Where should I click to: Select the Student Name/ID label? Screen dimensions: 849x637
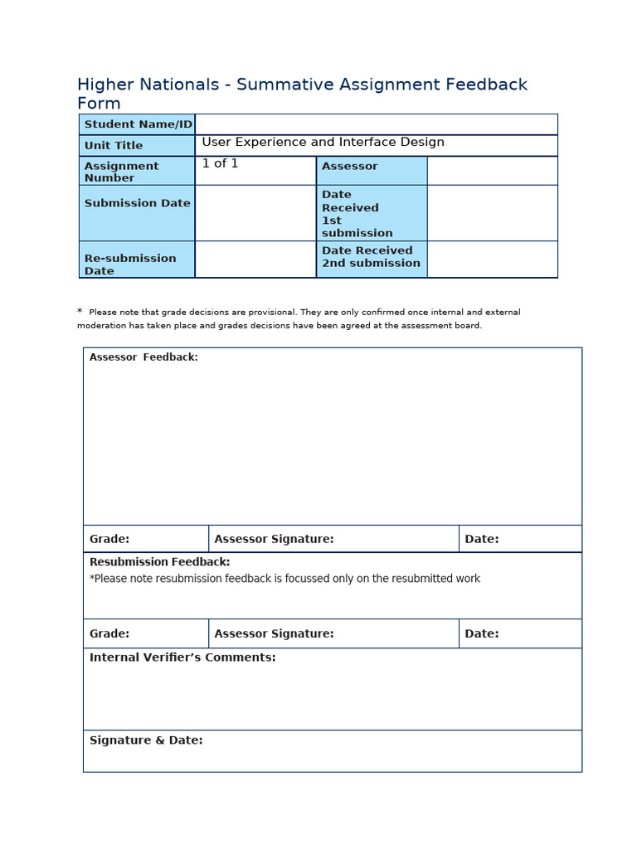[138, 124]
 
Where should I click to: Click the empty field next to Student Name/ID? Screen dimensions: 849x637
[376, 124]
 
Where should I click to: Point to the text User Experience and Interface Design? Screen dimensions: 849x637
[323, 143]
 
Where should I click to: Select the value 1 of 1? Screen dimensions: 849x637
[220, 163]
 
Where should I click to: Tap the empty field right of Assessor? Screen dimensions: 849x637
[492, 171]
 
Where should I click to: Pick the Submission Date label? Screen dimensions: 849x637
[137, 203]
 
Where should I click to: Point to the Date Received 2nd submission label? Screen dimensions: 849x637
[371, 257]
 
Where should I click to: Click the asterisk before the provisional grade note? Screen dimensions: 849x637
[80, 312]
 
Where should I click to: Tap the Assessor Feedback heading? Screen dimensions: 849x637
[143, 357]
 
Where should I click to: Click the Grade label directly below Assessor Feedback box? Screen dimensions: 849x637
[109, 539]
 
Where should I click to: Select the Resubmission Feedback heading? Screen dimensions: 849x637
[159, 562]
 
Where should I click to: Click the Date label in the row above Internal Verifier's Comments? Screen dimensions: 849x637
[481, 633]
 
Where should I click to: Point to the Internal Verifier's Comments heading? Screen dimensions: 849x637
[182, 657]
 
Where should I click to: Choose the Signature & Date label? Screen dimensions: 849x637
[146, 740]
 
